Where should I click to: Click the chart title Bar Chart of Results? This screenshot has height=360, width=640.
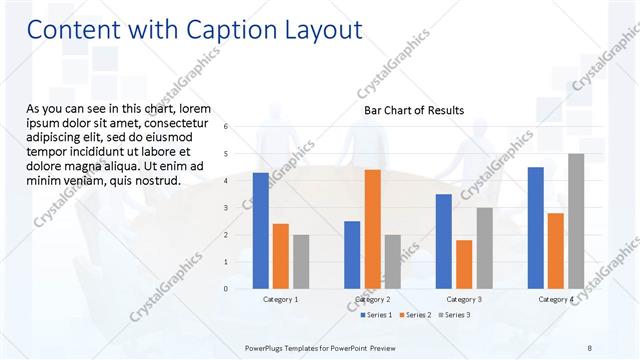(x=413, y=110)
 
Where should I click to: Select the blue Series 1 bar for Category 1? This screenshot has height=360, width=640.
(x=260, y=230)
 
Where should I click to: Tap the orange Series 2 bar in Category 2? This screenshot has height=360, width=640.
(x=372, y=229)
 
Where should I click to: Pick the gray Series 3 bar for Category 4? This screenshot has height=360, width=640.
(x=575, y=221)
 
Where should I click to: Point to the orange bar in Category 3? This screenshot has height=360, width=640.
(x=464, y=264)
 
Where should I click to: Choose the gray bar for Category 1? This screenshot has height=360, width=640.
(x=301, y=261)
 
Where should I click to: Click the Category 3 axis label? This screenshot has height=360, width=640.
(x=464, y=299)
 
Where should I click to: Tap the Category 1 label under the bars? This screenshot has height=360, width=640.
(x=280, y=299)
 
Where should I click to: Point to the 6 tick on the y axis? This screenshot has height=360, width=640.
(x=227, y=127)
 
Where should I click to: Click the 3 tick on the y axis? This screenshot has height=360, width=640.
(x=227, y=208)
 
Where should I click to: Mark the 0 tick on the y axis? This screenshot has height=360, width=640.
(x=227, y=289)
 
